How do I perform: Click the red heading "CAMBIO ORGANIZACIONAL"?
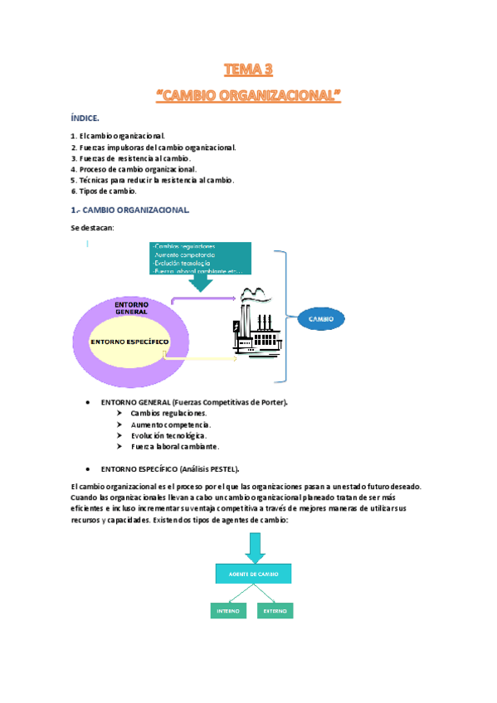pyautogui.click(x=248, y=97)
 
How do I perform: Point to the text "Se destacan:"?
pyautogui.click(x=93, y=227)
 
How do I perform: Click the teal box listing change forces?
pyautogui.click(x=199, y=258)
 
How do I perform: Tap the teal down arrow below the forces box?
pyautogui.click(x=200, y=283)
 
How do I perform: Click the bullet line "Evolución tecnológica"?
pyautogui.click(x=168, y=434)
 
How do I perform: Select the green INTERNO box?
pyautogui.click(x=227, y=611)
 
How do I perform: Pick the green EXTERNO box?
pyautogui.click(x=275, y=611)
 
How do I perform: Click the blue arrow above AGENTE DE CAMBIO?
pyautogui.click(x=254, y=547)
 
